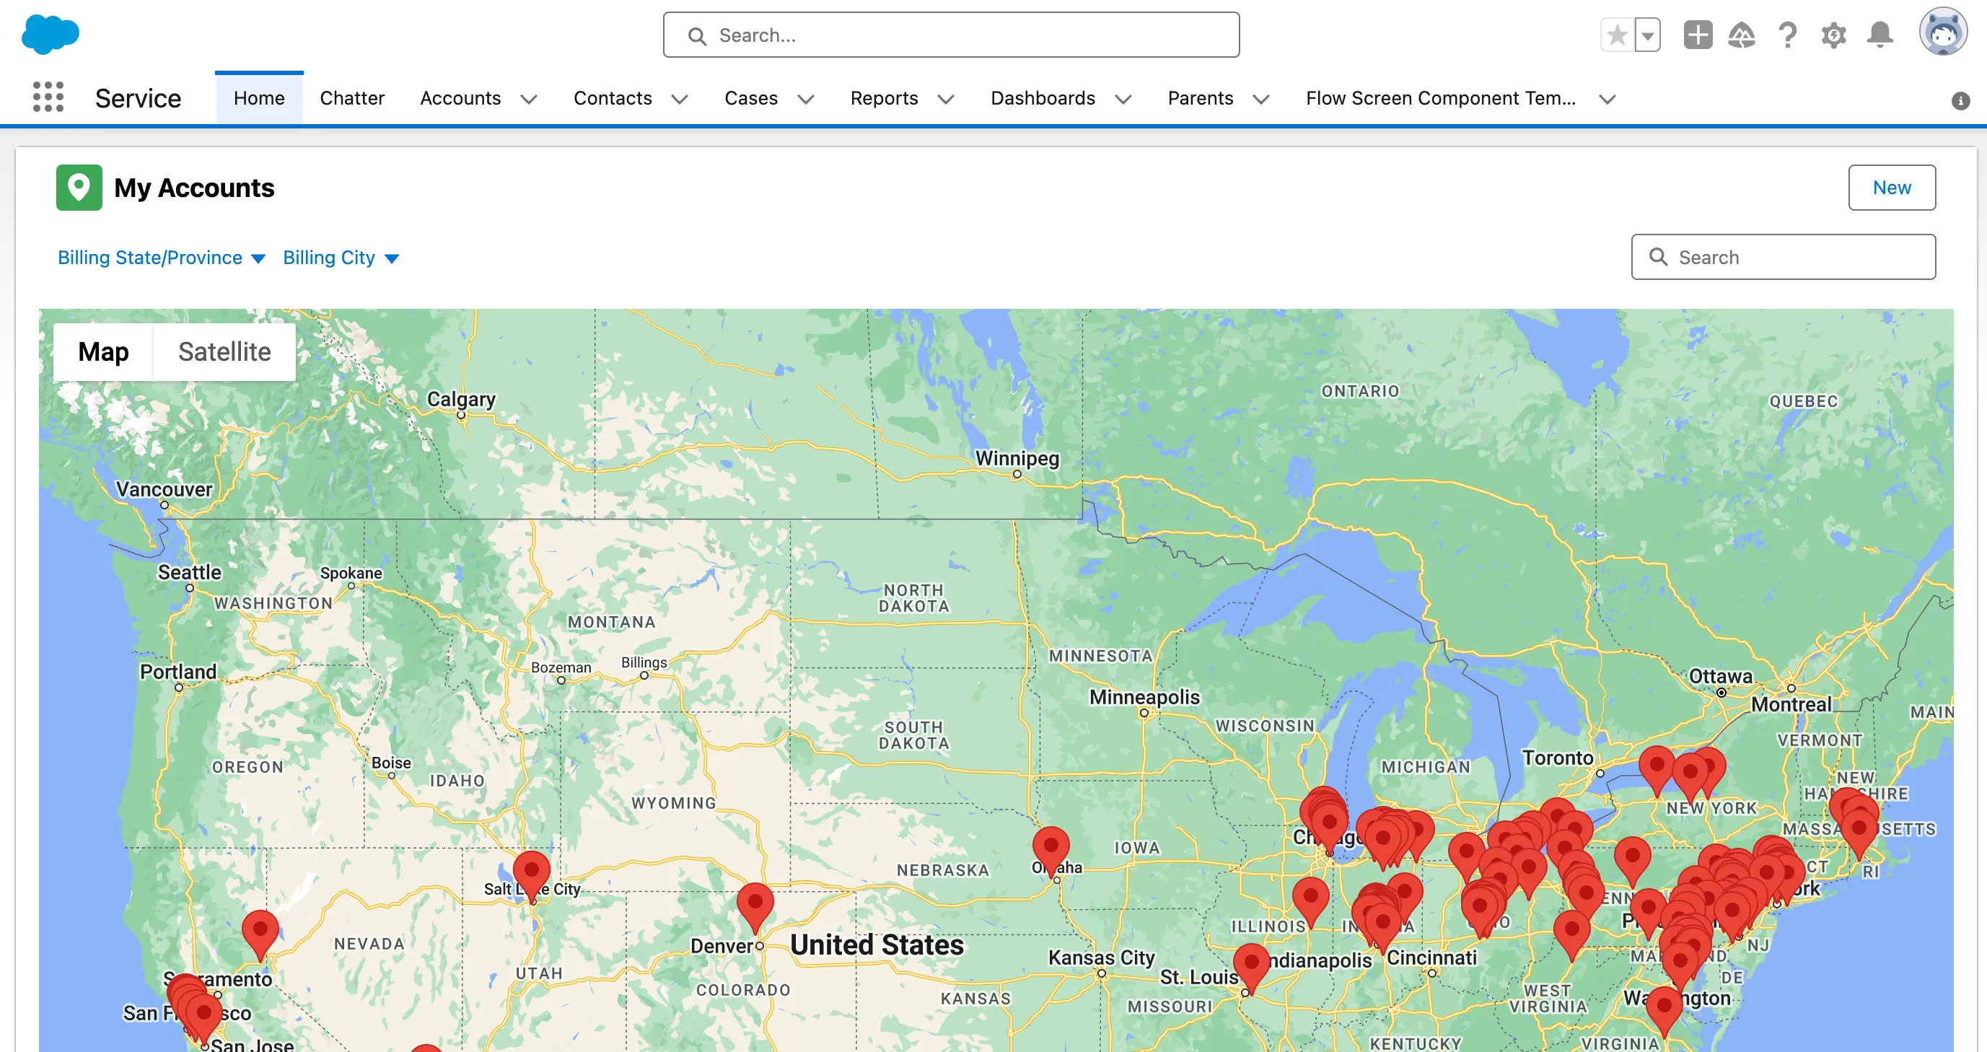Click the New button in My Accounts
point(1890,188)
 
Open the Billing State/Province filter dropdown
point(161,258)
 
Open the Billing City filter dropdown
point(340,258)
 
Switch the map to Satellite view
point(224,351)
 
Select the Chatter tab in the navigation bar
point(352,98)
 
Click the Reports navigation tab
point(884,98)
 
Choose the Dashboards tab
point(1042,98)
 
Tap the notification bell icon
point(1879,35)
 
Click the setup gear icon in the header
point(1833,35)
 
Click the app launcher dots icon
point(48,97)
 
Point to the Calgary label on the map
point(461,399)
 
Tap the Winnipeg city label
point(1017,458)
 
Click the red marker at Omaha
point(1050,847)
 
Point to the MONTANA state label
point(612,622)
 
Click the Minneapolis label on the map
point(1144,696)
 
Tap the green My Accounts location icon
point(79,188)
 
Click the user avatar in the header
point(1942,33)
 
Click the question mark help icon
point(1787,35)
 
